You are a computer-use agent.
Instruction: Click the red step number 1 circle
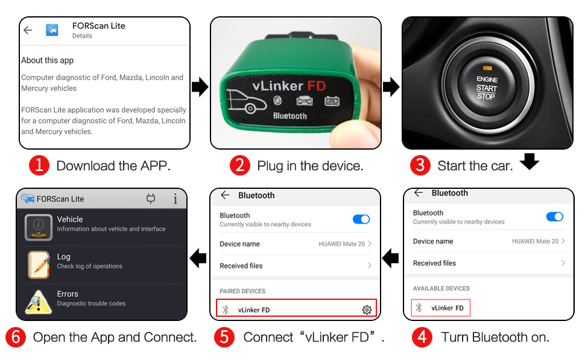[x=39, y=165]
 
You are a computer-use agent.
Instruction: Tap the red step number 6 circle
[x=16, y=337]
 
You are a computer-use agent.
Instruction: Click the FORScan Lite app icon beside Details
[x=52, y=30]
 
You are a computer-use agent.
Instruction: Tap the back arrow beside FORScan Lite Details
[x=28, y=30]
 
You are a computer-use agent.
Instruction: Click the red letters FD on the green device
[x=317, y=86]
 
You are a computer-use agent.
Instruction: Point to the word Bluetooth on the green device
[x=290, y=116]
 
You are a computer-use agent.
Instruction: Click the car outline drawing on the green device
[x=246, y=101]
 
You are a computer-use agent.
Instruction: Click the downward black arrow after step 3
[x=530, y=161]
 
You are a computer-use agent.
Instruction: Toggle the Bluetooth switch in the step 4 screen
[x=555, y=217]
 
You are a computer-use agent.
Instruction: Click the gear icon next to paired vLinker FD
[x=367, y=310]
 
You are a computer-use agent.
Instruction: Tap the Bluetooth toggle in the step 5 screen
[x=361, y=220]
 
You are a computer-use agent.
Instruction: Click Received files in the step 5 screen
[x=241, y=265]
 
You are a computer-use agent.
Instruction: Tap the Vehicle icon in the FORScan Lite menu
[x=39, y=227]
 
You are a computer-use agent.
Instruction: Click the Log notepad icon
[x=39, y=265]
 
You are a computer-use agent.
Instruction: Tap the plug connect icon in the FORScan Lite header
[x=151, y=198]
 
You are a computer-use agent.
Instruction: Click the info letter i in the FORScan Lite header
[x=175, y=199]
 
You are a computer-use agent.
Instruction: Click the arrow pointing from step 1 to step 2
[x=200, y=87]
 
